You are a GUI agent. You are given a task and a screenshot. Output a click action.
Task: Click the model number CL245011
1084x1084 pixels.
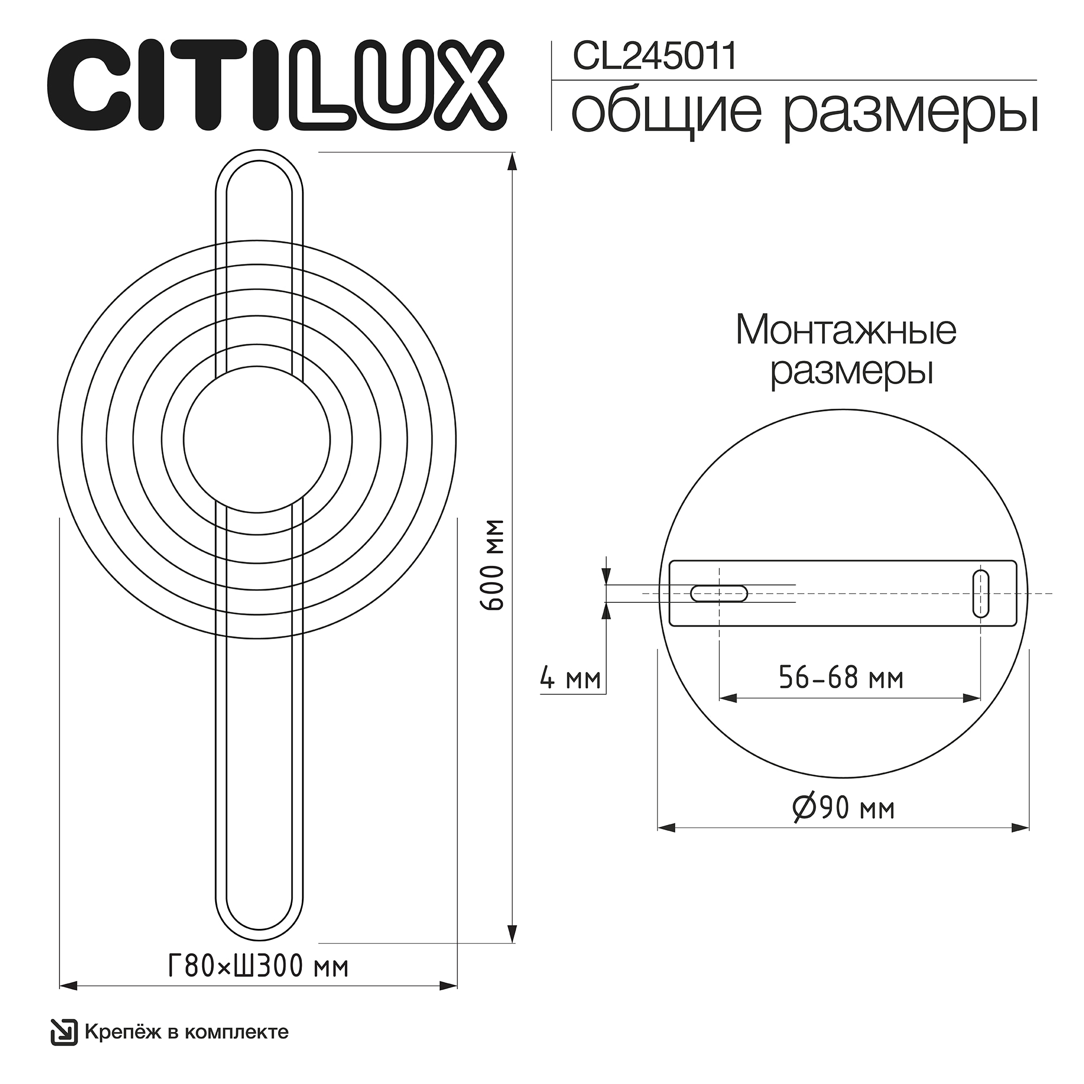coord(654,57)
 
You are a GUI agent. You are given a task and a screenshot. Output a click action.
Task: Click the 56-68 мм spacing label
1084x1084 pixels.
coord(841,679)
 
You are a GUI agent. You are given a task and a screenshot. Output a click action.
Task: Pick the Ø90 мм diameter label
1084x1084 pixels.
coord(843,809)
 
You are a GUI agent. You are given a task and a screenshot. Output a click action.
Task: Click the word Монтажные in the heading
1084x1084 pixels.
coord(846,331)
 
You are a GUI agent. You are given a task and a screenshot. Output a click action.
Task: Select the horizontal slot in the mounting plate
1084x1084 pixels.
coord(719,593)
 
